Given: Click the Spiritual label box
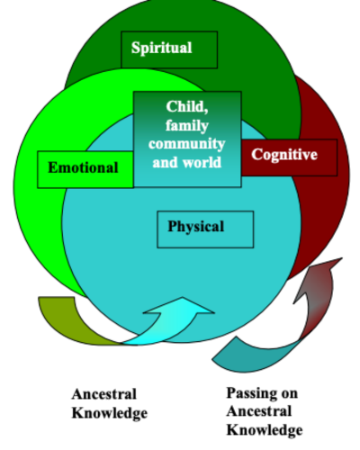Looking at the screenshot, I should click(x=169, y=49).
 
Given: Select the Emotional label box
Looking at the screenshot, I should click(x=85, y=168).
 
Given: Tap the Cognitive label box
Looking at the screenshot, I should click(x=284, y=156).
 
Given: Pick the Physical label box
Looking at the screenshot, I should click(x=205, y=228).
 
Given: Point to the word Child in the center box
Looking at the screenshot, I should click(x=187, y=106).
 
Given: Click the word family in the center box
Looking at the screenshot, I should click(x=187, y=125).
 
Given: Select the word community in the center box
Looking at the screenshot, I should click(x=187, y=144).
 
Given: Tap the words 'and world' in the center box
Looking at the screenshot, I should click(x=187, y=163).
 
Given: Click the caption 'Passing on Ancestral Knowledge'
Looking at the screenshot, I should click(x=263, y=411).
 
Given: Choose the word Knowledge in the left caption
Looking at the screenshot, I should click(x=108, y=413).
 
